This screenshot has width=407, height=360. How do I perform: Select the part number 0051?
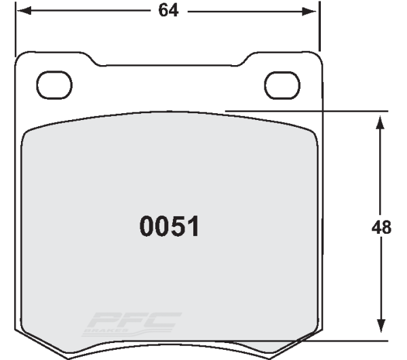click(170, 227)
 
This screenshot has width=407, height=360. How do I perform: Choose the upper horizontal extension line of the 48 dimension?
click(305, 110)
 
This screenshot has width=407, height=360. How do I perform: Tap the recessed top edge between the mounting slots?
click(170, 66)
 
